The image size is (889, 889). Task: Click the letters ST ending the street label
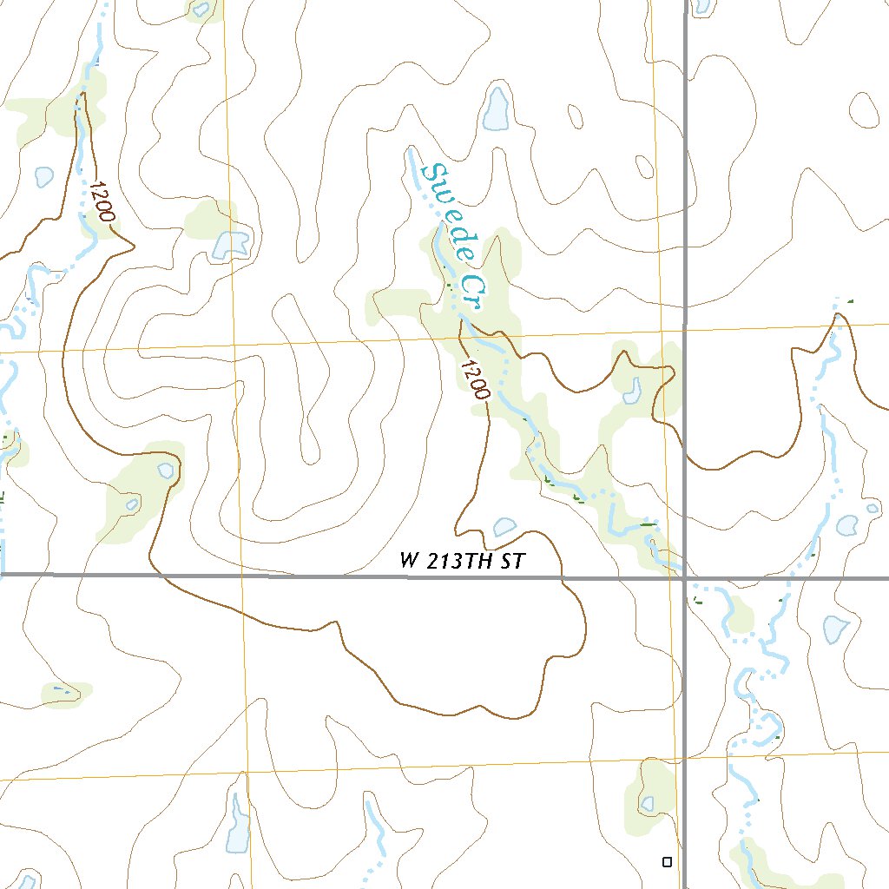[x=514, y=562]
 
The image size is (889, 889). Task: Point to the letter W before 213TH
[x=409, y=562]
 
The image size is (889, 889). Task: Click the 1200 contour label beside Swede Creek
[x=475, y=379]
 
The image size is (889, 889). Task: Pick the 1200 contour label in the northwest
[x=101, y=201]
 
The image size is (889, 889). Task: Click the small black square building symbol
[x=667, y=862]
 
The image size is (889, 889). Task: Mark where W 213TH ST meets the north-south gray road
[x=685, y=576]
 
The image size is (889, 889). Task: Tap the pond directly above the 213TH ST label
[x=504, y=526]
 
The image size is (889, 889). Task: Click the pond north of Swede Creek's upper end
[x=497, y=109]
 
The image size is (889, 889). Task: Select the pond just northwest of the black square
[x=648, y=803]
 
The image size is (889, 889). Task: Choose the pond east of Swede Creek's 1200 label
[x=632, y=391]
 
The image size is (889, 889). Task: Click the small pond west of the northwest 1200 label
[x=43, y=176]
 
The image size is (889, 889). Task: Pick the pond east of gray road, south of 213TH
[x=834, y=628]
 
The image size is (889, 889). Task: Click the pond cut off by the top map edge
[x=201, y=9]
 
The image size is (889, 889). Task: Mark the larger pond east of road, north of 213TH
[x=846, y=524]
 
